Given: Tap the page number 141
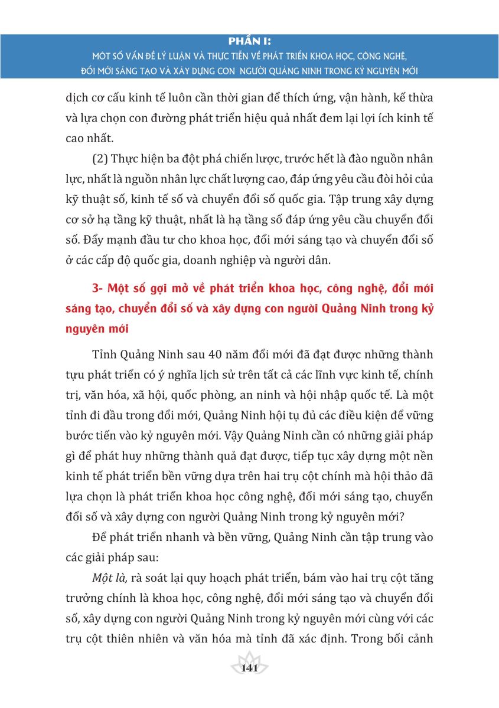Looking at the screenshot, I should (250, 668).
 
